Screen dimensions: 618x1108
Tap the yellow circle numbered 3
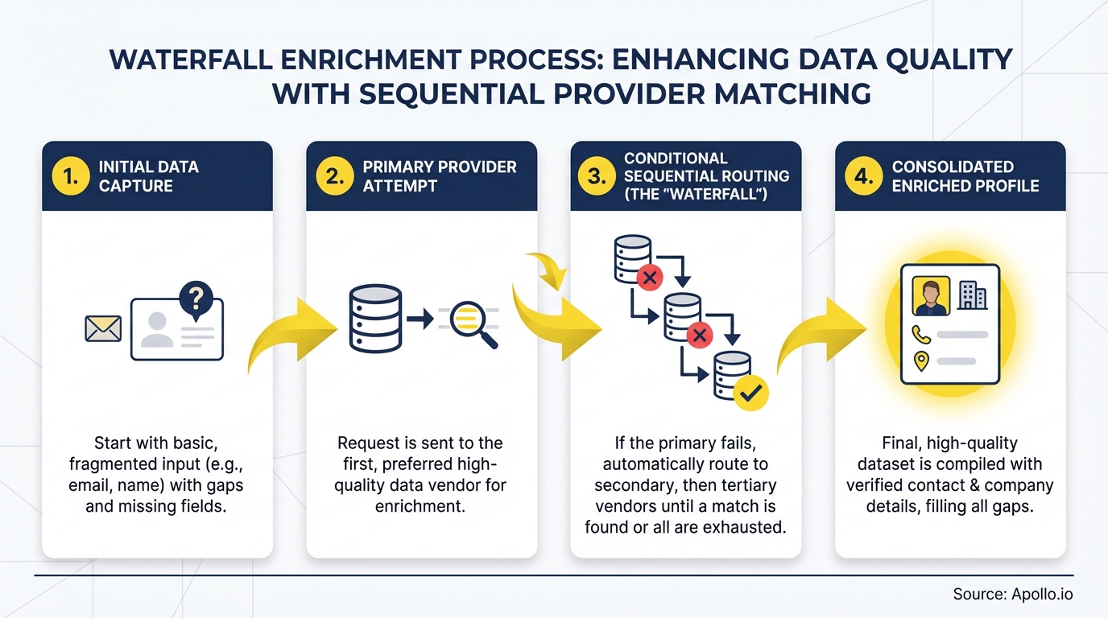click(x=597, y=176)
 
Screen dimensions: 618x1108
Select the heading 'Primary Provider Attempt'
click(x=439, y=176)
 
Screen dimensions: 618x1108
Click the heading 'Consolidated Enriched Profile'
click(x=965, y=176)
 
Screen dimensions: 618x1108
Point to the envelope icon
click(x=103, y=328)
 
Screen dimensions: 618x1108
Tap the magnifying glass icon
click(x=473, y=323)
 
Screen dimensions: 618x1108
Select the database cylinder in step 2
click(x=375, y=318)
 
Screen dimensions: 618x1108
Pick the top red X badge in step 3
click(x=649, y=278)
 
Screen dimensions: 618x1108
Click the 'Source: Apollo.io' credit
click(x=1012, y=595)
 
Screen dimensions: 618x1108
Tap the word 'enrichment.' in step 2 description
click(x=420, y=506)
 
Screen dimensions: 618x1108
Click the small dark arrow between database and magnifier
click(x=420, y=319)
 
